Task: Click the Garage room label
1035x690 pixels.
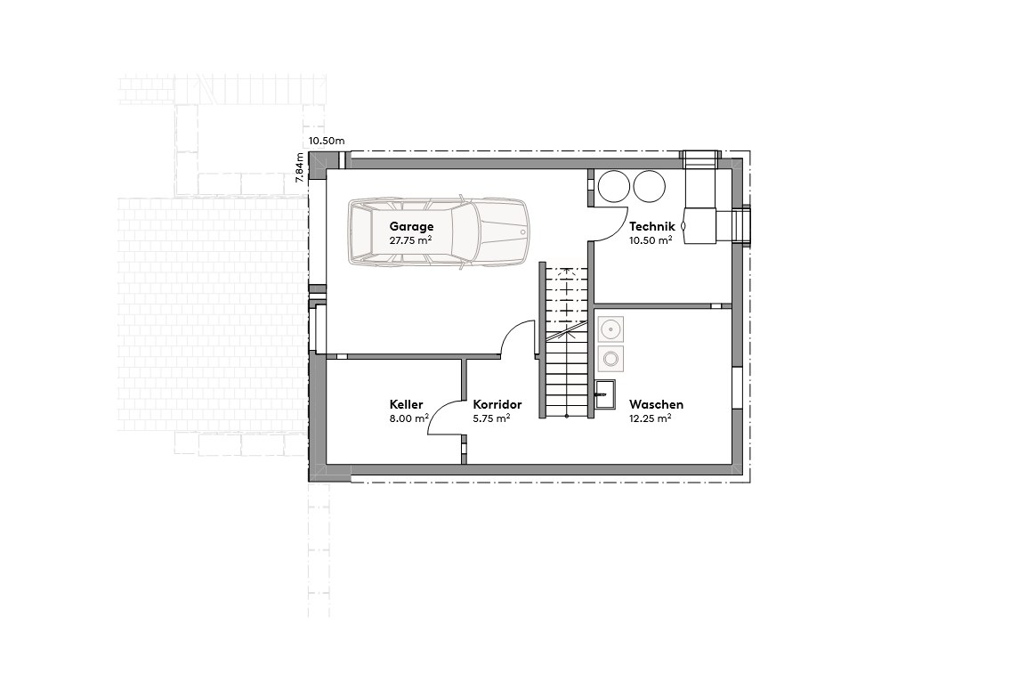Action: click(x=411, y=226)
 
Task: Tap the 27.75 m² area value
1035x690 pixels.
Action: click(x=410, y=240)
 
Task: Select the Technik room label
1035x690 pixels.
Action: click(x=651, y=226)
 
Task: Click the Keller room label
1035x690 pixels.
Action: click(x=406, y=404)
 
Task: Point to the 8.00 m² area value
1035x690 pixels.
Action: click(x=409, y=418)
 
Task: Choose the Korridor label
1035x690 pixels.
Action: click(x=497, y=404)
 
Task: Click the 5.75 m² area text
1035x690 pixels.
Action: click(x=491, y=418)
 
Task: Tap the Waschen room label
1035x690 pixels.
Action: click(x=656, y=404)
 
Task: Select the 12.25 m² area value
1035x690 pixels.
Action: click(x=650, y=418)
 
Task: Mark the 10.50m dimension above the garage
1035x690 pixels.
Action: click(x=326, y=141)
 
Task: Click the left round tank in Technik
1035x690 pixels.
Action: click(x=613, y=186)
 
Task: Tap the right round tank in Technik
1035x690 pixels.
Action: click(x=649, y=186)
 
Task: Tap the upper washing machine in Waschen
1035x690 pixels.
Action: click(x=610, y=329)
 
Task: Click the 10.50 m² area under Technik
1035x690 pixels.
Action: click(x=651, y=240)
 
